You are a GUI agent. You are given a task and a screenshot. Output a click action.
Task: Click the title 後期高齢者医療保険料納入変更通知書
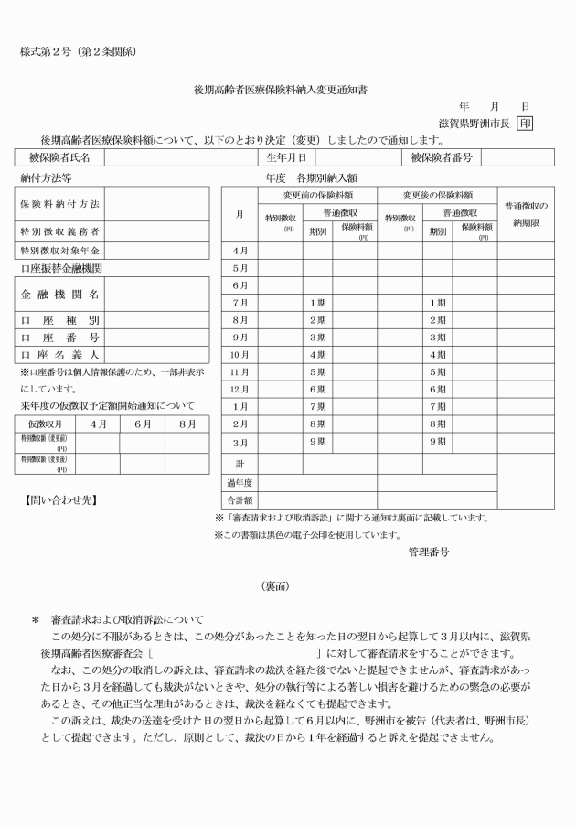[287, 90]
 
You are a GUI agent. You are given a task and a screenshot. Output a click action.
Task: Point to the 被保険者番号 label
[442, 158]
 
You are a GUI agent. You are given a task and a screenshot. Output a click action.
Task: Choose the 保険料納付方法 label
[60, 203]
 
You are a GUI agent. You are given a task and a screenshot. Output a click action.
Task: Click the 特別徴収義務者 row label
[60, 232]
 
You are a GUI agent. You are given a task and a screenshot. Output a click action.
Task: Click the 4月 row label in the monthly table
[240, 251]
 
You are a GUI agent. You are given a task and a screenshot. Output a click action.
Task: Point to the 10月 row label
[240, 355]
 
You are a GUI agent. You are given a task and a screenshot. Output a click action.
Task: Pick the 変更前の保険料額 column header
[316, 195]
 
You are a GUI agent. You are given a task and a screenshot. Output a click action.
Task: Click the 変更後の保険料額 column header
[437, 195]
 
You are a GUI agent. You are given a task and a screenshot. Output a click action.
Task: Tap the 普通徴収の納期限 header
[526, 215]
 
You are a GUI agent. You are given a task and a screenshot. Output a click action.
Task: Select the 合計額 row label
[240, 500]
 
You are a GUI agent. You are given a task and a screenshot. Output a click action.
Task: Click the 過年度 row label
[240, 482]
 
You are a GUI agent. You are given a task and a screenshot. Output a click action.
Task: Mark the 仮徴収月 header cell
[44, 424]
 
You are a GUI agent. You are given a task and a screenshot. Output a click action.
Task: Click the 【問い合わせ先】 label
[60, 499]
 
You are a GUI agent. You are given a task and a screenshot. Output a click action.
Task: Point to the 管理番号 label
[429, 552]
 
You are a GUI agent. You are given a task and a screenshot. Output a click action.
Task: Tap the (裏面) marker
[287, 585]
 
